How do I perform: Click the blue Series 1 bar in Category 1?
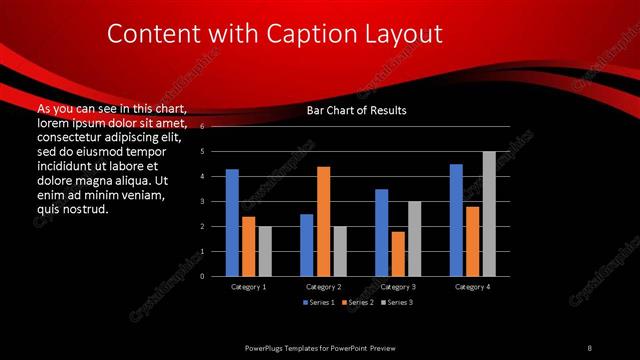[x=232, y=222]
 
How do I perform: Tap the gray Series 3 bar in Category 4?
[x=489, y=213]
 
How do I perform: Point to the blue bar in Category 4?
[x=456, y=220]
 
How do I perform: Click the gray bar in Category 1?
[x=264, y=251]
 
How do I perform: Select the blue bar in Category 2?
[x=307, y=245]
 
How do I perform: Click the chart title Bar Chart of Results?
[x=356, y=110]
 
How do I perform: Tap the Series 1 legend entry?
[x=319, y=301]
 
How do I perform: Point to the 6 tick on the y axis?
[x=202, y=127]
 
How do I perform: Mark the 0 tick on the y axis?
[x=202, y=276]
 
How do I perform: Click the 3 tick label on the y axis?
[x=202, y=201]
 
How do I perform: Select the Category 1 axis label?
[x=248, y=287]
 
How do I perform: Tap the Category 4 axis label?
[x=472, y=287]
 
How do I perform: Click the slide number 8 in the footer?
[x=589, y=347]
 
